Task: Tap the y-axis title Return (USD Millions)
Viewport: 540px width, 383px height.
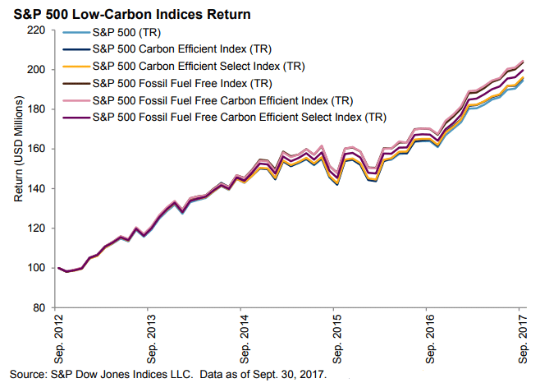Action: [19, 169]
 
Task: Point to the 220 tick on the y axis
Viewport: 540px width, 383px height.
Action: [37, 30]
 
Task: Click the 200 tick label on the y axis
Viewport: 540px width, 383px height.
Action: [37, 70]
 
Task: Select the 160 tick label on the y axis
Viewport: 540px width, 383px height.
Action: [37, 149]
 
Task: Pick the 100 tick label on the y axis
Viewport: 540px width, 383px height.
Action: [37, 268]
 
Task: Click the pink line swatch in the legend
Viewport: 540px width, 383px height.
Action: [75, 100]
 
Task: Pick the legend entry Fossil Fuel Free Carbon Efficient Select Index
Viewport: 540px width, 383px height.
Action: [239, 117]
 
